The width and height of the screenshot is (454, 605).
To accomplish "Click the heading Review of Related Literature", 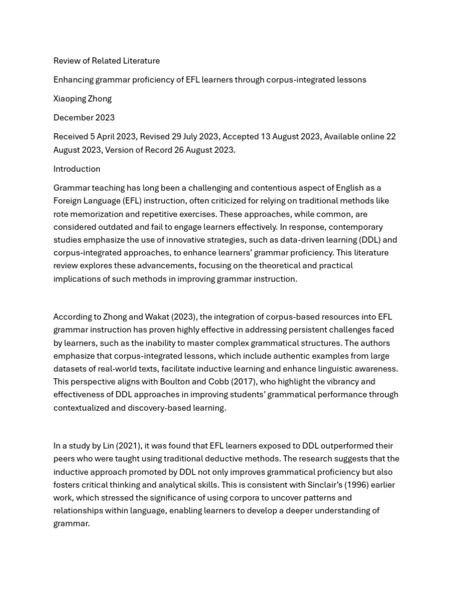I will pyautogui.click(x=106, y=61).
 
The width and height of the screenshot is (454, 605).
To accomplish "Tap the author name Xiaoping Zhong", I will pyautogui.click(x=82, y=99).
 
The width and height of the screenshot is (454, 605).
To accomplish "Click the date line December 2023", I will pyautogui.click(x=84, y=118).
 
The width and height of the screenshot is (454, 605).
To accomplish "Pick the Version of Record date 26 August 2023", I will pyautogui.click(x=204, y=149).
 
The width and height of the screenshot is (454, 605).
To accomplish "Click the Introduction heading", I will pyautogui.click(x=77, y=169).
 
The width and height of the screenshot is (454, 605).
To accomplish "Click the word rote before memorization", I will pyautogui.click(x=63, y=214).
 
